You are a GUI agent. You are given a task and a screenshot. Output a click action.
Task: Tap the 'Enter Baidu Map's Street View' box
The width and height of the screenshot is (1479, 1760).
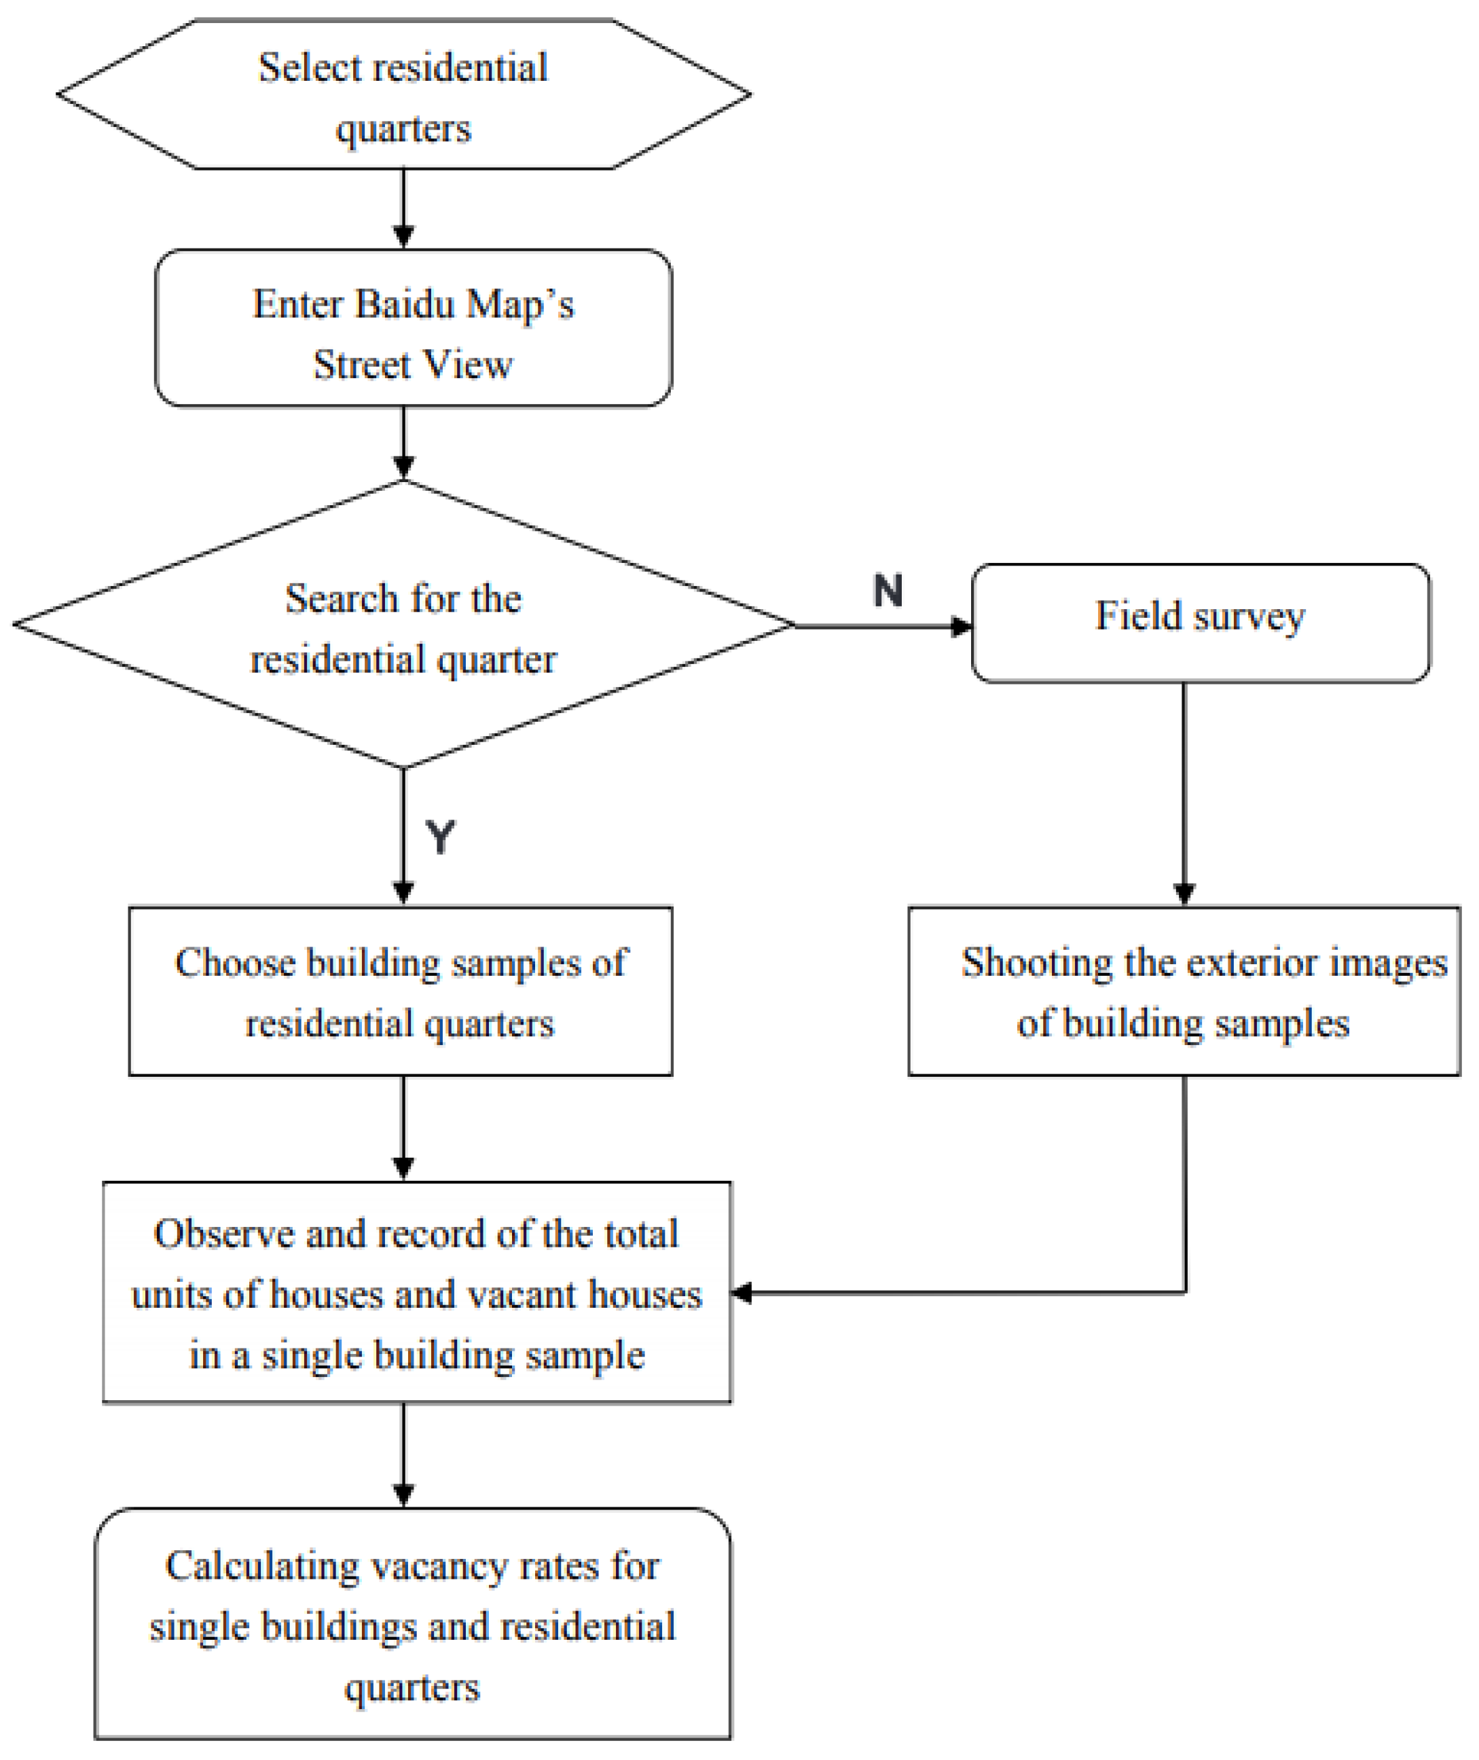tap(414, 328)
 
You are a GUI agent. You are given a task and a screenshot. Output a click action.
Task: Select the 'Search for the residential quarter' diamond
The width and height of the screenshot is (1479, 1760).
tap(403, 625)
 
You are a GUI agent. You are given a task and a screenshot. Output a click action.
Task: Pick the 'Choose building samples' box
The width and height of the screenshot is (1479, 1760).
tap(400, 991)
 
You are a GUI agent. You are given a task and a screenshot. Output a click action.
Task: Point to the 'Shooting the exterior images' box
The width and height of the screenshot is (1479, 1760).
tap(1184, 991)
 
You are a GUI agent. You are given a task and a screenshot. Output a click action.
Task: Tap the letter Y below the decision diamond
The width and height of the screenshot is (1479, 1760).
tap(440, 837)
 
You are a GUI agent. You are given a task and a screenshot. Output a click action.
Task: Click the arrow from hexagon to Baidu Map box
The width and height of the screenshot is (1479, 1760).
tap(404, 210)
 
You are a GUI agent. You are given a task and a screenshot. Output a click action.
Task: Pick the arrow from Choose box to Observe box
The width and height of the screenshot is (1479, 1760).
tap(404, 1129)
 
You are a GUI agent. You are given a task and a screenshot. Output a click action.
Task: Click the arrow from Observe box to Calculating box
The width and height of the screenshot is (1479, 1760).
tap(404, 1455)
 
